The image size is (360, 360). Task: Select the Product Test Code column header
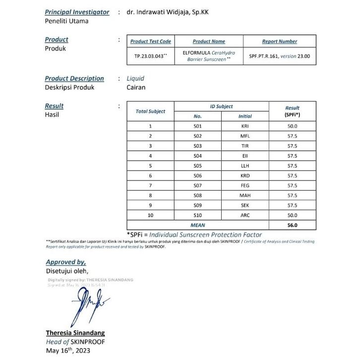point(150,42)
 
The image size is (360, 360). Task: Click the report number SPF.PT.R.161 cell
point(280,57)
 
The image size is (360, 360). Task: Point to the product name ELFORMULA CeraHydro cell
point(209,56)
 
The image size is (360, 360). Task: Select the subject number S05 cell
point(198,166)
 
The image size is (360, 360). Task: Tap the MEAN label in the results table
point(198,225)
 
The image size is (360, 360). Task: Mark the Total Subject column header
point(150,111)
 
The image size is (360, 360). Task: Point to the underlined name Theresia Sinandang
point(75,333)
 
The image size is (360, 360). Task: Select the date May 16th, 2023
point(68,351)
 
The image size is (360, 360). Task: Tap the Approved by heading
point(65,262)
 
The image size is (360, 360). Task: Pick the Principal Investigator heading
point(77,12)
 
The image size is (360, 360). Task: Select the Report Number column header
point(280,42)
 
